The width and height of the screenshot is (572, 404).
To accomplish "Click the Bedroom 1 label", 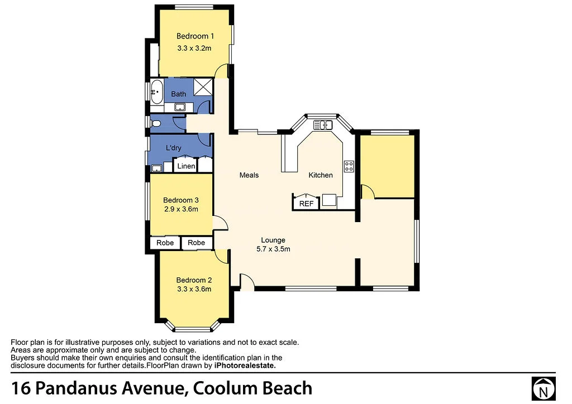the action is tap(195, 36).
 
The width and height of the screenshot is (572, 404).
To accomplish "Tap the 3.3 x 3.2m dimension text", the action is tap(194, 48).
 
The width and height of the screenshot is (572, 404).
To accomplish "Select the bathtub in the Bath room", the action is tap(157, 92).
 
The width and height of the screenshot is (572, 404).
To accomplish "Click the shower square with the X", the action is tap(203, 87).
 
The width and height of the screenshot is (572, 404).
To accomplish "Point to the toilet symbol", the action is tap(155, 123).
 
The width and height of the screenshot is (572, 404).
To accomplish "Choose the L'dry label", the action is tap(174, 147).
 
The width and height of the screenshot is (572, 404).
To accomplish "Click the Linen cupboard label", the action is tap(186, 166).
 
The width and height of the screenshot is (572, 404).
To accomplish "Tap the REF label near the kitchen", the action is tap(306, 204).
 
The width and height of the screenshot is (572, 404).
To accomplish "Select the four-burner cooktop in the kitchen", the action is tap(349, 166).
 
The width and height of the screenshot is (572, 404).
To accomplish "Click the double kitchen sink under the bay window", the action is tap(323, 125).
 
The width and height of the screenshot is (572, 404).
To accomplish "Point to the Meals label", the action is tap(249, 175).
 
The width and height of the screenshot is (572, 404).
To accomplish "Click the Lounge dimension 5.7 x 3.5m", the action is tap(273, 249).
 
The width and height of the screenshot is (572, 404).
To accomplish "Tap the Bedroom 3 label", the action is tap(181, 200).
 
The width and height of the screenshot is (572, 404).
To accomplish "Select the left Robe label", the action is tap(165, 243).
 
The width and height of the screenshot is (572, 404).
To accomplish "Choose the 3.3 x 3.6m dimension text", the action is tap(194, 289).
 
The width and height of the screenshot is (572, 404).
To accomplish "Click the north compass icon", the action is tap(543, 389).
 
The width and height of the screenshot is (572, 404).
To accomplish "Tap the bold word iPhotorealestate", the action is tap(245, 365).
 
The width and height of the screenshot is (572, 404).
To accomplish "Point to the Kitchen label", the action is tap(321, 175).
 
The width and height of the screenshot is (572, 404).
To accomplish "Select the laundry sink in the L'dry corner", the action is tap(157, 169).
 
